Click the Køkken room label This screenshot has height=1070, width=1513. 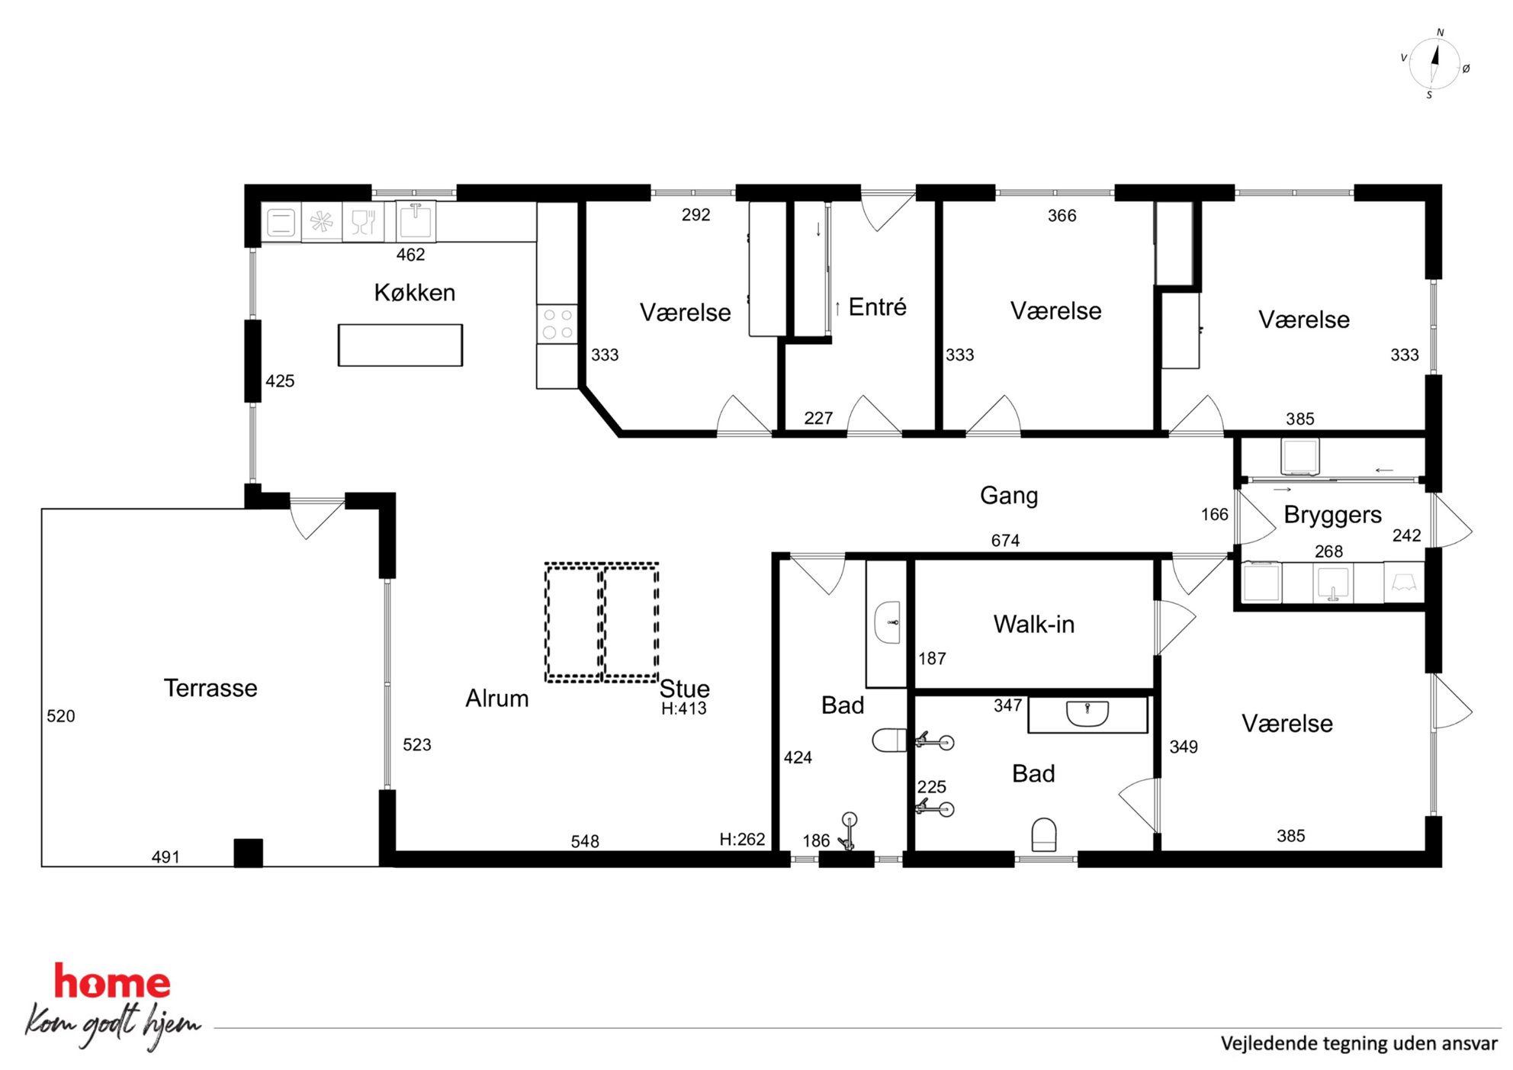[x=414, y=292]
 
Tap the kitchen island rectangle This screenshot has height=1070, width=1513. [x=400, y=345]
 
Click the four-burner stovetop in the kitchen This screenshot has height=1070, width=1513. [x=557, y=324]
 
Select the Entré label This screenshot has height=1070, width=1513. [x=877, y=307]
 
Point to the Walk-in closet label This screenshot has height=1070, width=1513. [x=1033, y=624]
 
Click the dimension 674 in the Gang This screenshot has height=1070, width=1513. [x=1005, y=540]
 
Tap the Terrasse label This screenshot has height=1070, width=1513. [x=210, y=688]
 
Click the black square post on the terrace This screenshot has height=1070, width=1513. [x=248, y=853]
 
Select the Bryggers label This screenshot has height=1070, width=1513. [x=1332, y=515]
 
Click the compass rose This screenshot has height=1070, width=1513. [x=1434, y=64]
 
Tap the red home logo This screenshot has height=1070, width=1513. [x=112, y=982]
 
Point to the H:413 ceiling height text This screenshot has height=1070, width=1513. [x=683, y=709]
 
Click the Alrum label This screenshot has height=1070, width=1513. [x=497, y=698]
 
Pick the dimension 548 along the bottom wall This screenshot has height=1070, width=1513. [x=585, y=841]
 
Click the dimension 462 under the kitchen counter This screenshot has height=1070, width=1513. [x=410, y=255]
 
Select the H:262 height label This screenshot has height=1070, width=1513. [x=742, y=839]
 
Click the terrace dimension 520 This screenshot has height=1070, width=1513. [x=61, y=715]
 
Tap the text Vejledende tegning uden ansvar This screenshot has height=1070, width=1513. [x=1359, y=1043]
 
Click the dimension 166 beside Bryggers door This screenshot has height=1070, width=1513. [x=1214, y=515]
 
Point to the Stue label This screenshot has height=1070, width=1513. [x=684, y=688]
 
